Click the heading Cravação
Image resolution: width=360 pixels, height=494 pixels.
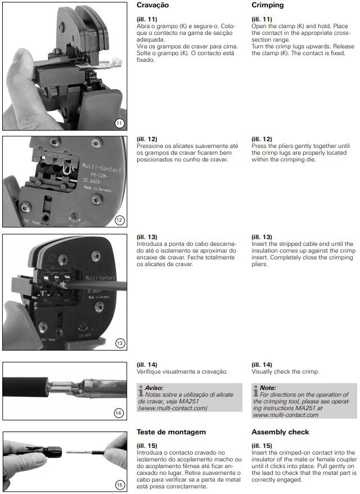pos(152,5)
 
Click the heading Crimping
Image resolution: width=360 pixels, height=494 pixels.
pos(267,5)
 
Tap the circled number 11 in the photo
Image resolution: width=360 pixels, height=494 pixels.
pos(119,123)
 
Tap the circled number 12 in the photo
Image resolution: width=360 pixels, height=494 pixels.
pos(119,220)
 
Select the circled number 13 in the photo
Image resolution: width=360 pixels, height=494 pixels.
pos(120,343)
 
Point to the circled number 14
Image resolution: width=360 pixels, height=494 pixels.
pos(119,413)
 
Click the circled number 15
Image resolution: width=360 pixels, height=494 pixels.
pos(119,484)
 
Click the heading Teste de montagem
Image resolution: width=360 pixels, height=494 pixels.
pos(171,432)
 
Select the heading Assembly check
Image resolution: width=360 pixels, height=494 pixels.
pos(280,432)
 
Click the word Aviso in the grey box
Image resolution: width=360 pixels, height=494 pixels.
pos(154,388)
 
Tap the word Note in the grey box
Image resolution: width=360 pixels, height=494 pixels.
pos(268,388)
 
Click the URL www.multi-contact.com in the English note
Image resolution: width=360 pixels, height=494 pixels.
pos(286,415)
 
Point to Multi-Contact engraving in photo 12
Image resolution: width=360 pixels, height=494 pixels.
pos(101,168)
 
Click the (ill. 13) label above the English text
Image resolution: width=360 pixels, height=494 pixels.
pos(262,237)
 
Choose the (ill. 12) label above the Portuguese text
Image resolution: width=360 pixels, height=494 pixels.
pos(147,139)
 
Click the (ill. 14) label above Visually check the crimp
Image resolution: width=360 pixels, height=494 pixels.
pos(262,365)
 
